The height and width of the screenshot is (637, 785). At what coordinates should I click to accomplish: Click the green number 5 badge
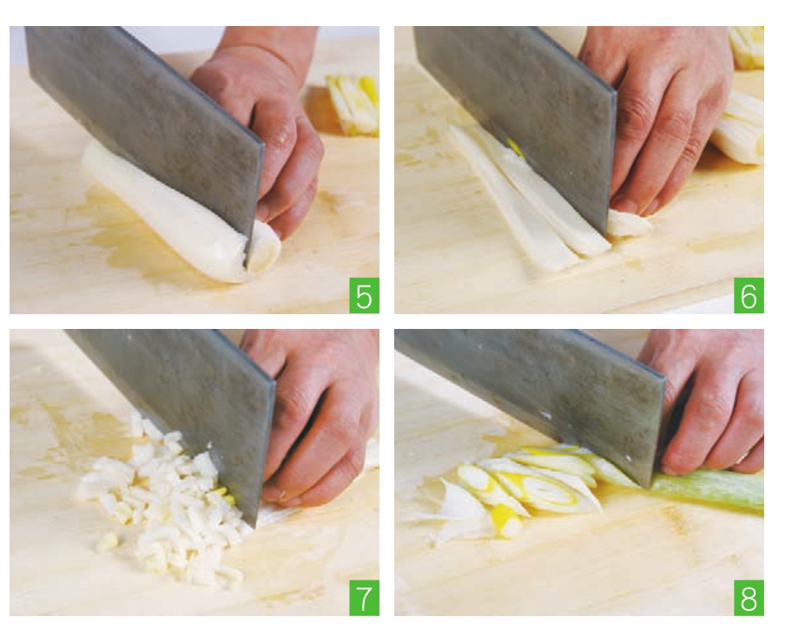coord(364,295)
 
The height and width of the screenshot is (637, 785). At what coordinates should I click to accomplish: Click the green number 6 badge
coord(749,295)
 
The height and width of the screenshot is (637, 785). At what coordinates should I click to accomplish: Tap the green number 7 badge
coord(364,597)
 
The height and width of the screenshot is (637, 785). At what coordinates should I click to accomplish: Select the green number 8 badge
coord(749,597)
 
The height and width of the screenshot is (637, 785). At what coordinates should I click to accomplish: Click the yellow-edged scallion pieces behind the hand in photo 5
coord(353,105)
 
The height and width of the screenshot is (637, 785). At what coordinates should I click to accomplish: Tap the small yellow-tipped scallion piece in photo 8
coord(506,522)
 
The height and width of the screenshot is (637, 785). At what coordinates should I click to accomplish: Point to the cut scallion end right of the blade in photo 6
coord(629,224)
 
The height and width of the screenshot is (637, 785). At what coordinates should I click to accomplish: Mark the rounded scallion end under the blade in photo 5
coord(264,247)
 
